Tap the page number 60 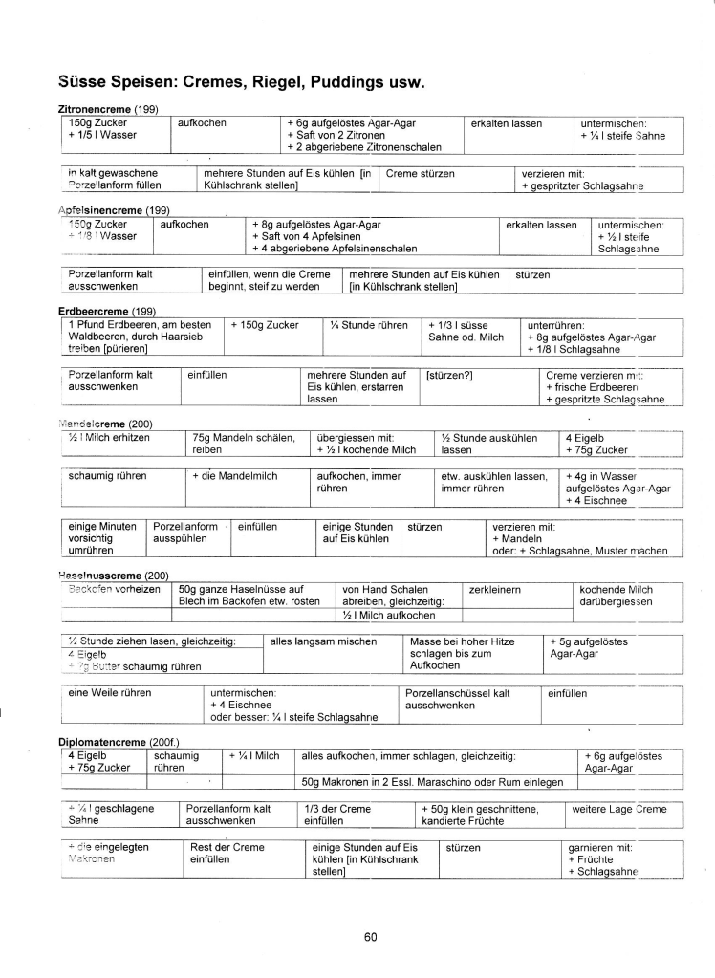tap(371, 937)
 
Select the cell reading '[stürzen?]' tap(449, 376)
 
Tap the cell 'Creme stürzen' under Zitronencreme tap(421, 173)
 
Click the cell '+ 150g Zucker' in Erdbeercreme tap(265, 325)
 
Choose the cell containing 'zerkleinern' tap(495, 590)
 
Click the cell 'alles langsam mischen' tap(323, 641)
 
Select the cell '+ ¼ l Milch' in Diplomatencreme tap(254, 756)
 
